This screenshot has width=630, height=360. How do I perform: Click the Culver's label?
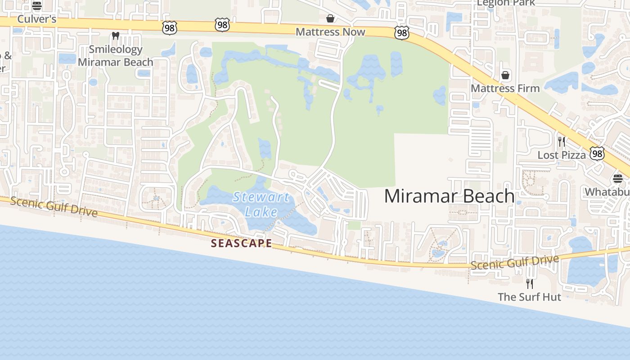click(36, 19)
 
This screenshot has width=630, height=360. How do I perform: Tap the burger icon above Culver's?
click(37, 6)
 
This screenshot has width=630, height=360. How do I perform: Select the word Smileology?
click(116, 49)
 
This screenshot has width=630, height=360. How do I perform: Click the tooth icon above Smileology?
click(116, 36)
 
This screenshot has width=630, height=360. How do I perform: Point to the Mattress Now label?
click(330, 31)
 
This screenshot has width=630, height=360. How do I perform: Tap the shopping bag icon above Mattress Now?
click(330, 18)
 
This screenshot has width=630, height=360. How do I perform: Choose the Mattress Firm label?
click(505, 88)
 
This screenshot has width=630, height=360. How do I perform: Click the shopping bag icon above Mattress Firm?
click(505, 75)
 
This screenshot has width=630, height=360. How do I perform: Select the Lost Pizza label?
click(562, 155)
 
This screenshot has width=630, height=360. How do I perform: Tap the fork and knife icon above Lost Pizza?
click(561, 142)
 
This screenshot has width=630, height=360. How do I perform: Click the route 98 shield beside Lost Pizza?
click(597, 154)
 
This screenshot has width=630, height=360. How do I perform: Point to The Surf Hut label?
click(529, 297)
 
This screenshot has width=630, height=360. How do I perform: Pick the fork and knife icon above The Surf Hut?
click(530, 283)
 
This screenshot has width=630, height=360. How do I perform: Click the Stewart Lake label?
click(261, 204)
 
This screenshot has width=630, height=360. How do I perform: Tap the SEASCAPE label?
click(242, 243)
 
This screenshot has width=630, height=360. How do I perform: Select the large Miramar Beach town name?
click(449, 196)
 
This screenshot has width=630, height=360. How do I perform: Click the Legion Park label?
click(506, 3)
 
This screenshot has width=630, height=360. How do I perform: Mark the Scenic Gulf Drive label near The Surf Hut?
click(515, 262)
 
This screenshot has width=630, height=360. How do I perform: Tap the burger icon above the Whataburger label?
click(618, 178)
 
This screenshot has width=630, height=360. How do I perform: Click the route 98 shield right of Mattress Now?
click(402, 33)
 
